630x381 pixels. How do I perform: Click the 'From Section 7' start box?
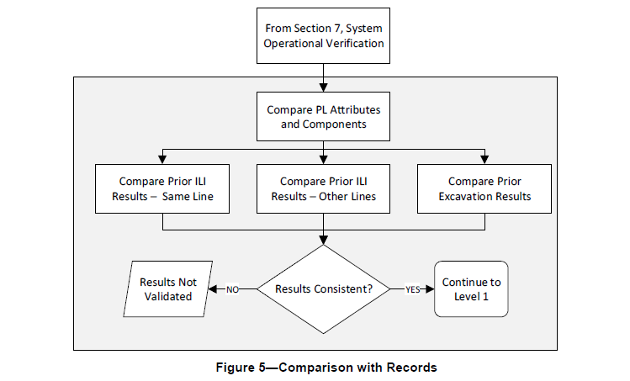tap(323, 35)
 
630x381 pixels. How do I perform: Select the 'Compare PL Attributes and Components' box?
tap(323, 116)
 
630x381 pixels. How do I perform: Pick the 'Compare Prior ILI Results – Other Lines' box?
tap(323, 188)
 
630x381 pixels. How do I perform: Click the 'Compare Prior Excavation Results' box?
tap(484, 188)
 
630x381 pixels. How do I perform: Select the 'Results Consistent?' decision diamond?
tap(323, 289)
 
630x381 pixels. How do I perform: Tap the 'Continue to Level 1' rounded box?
tap(471, 289)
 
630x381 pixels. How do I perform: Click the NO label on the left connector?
tap(233, 289)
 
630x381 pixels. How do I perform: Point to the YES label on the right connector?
tap(412, 289)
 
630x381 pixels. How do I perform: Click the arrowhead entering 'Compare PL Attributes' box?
tap(323, 87)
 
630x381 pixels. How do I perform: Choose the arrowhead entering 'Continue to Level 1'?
tap(429, 289)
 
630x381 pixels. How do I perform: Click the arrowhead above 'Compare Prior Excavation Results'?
tap(484, 160)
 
